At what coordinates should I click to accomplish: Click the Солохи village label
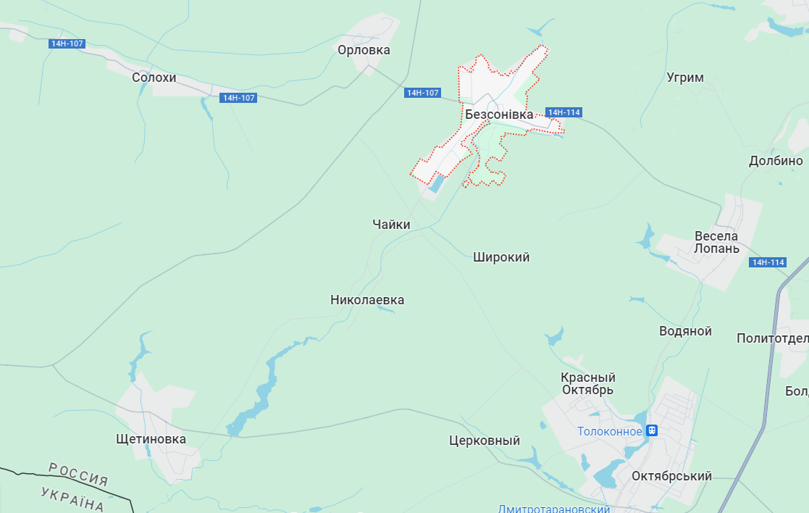(154, 77)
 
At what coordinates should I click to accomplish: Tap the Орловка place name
(364, 50)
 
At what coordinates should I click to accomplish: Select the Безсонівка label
(499, 114)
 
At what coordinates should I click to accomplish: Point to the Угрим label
(684, 78)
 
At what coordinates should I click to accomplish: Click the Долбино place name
(776, 161)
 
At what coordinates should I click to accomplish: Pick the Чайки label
(391, 225)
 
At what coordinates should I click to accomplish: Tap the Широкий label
(501, 257)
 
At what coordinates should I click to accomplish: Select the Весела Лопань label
(716, 242)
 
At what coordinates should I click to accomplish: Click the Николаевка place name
(367, 300)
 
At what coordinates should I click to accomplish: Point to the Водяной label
(685, 331)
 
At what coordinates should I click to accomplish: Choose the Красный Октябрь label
(587, 383)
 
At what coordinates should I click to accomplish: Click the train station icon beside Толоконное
(652, 430)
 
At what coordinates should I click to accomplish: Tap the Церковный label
(485, 441)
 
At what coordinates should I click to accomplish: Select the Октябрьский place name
(671, 476)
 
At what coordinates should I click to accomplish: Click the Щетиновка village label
(151, 439)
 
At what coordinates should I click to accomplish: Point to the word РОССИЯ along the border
(78, 474)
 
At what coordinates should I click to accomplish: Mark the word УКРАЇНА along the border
(72, 499)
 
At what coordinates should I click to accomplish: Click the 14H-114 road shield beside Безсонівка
(563, 112)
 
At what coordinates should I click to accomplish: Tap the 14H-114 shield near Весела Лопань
(768, 262)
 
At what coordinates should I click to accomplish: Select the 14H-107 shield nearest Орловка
(423, 93)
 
